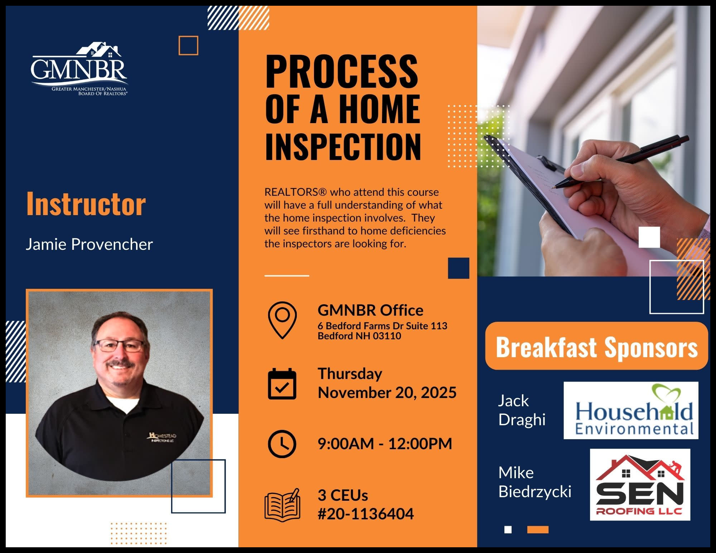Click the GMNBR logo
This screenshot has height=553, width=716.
(x=79, y=69)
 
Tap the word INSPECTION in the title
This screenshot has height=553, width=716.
(x=343, y=147)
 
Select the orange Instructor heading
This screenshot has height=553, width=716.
(x=86, y=204)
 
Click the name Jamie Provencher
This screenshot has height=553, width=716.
(x=89, y=244)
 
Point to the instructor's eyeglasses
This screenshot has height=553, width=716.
(x=119, y=346)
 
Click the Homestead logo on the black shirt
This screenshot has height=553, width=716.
(x=162, y=437)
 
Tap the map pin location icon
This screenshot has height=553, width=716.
(x=282, y=320)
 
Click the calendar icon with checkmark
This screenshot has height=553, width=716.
(x=282, y=383)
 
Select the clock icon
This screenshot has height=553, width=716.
(x=282, y=444)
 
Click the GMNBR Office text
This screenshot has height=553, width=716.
(x=371, y=310)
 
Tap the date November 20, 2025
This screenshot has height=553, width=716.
(x=387, y=393)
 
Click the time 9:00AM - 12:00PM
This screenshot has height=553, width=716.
(x=385, y=444)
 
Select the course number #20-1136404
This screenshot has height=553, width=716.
(x=366, y=514)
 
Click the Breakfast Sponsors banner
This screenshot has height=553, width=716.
(x=596, y=346)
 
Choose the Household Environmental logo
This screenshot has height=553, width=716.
(x=631, y=410)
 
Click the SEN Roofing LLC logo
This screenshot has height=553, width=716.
(x=640, y=485)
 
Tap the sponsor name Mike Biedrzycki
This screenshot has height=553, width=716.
(x=534, y=482)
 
